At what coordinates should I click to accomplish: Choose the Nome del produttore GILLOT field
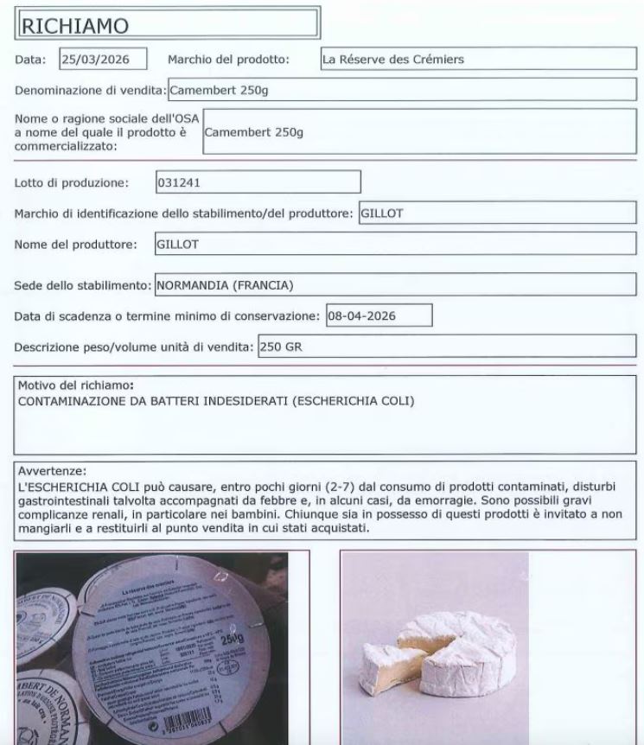tap(395, 245)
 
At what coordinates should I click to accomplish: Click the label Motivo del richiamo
tap(76, 385)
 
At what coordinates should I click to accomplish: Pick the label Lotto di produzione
tap(72, 182)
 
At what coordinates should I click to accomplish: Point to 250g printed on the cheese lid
tap(232, 643)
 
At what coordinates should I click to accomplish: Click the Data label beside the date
tap(33, 60)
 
